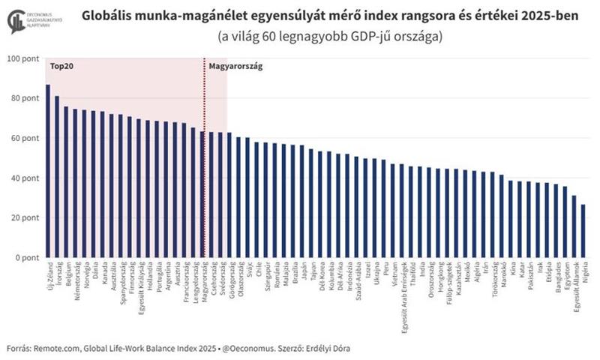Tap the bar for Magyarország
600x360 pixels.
(x=202, y=194)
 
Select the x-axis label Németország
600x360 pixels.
(x=75, y=280)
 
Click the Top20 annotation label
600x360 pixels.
(x=61, y=67)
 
